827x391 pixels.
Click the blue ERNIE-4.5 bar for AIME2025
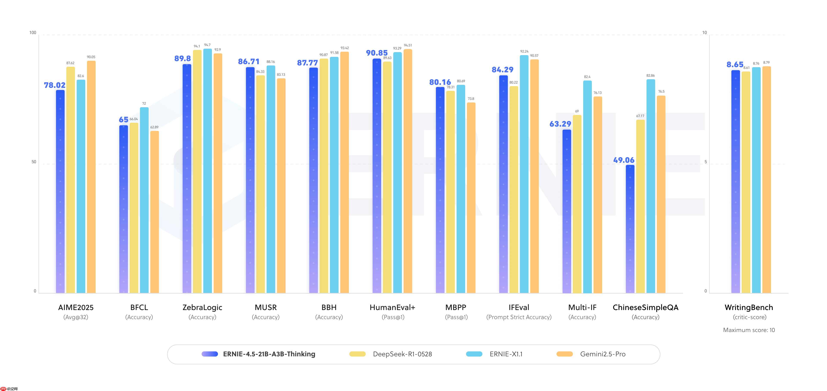[60, 193]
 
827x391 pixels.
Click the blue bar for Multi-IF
[567, 212]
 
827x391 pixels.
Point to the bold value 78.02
[54, 85]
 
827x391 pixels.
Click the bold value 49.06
[623, 160]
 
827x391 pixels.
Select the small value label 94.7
[207, 45]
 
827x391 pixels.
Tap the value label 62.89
[154, 127]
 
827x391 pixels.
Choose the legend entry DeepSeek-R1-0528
[402, 354]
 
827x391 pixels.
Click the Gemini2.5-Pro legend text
[603, 354]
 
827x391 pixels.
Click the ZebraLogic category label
[202, 307]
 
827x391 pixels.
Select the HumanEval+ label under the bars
[392, 307]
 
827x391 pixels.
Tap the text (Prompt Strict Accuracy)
[519, 317]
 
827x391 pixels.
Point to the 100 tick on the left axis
[33, 33]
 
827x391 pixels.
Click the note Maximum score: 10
[749, 330]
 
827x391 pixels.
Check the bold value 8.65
[735, 65]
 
